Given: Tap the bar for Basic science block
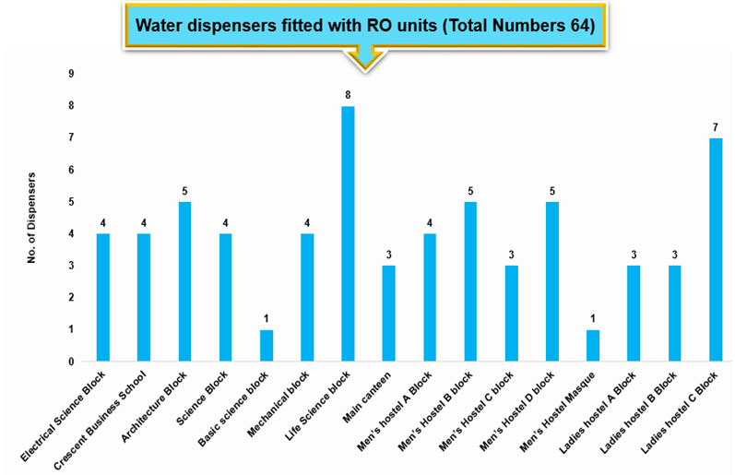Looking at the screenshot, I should [266, 345].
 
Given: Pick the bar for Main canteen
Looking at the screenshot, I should [388, 313].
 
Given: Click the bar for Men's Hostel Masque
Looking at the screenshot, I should [592, 345].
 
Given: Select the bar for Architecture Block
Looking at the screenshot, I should [184, 281].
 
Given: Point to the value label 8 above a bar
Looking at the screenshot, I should [348, 95].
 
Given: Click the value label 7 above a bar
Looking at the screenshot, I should [715, 126].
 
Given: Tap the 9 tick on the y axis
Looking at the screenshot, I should [72, 74].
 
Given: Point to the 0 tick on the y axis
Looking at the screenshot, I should [72, 362].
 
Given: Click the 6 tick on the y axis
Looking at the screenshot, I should [72, 170].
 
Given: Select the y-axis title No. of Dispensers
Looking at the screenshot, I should [30, 218].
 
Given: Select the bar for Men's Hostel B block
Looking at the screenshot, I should [470, 281].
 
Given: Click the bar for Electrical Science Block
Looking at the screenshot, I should [102, 297].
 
